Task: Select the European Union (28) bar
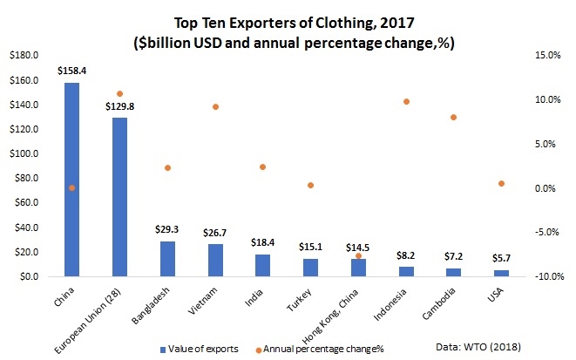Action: [119, 196]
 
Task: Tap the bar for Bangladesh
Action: [167, 258]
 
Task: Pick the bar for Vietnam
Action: [215, 260]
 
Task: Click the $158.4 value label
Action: [71, 71]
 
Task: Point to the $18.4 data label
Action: [262, 243]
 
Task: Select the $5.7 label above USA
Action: [501, 259]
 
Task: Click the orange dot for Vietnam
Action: [215, 106]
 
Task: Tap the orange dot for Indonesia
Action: [406, 102]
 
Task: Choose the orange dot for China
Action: [72, 187]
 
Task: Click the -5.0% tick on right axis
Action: [546, 233]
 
